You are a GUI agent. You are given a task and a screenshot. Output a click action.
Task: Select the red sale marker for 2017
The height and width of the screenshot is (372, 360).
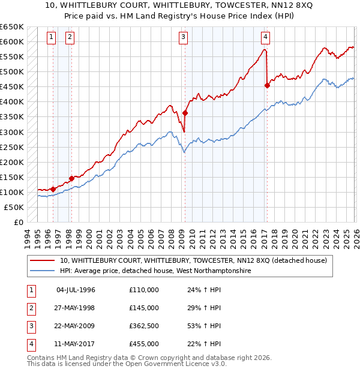(x=267, y=85)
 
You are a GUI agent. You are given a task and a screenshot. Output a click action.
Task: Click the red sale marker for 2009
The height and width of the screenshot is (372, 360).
(x=185, y=113)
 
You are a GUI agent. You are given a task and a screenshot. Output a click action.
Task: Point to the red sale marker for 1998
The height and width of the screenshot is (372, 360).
(x=71, y=178)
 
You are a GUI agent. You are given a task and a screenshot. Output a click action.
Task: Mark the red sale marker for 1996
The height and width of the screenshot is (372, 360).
(x=53, y=189)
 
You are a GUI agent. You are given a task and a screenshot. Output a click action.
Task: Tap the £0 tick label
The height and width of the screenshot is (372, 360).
(x=18, y=222)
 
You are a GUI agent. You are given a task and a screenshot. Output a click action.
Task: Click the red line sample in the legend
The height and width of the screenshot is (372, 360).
(x=42, y=261)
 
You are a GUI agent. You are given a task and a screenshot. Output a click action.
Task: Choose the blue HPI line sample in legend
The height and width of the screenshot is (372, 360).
(x=42, y=271)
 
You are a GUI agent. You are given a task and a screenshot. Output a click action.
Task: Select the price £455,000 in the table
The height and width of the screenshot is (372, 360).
(x=143, y=344)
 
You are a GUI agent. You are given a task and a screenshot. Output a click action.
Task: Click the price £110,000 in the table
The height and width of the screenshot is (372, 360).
(x=143, y=290)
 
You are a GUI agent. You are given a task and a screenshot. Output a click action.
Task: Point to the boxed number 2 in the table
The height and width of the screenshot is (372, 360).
(x=30, y=308)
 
